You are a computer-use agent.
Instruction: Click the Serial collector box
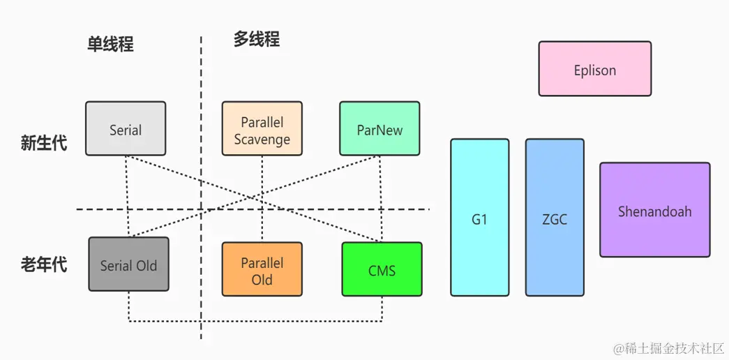click(126, 128)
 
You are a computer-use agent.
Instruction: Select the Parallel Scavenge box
click(262, 128)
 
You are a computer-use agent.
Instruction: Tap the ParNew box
click(379, 128)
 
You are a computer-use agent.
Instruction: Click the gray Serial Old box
click(128, 264)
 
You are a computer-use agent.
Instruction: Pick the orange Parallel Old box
click(262, 269)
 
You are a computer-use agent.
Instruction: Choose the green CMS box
click(382, 269)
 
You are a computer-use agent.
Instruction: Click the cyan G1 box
click(479, 217)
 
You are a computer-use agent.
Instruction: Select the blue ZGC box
click(555, 217)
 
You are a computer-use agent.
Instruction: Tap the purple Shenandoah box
click(654, 210)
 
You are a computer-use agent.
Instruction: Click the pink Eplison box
click(594, 69)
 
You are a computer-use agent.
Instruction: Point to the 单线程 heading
click(110, 44)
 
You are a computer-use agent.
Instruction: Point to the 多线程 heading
click(256, 40)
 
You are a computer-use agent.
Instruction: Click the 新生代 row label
click(43, 144)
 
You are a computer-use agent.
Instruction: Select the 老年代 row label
click(43, 265)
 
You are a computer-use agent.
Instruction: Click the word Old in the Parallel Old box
click(262, 280)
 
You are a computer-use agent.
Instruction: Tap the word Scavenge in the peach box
click(262, 139)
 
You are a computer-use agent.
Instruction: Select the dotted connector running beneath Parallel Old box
click(262, 322)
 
